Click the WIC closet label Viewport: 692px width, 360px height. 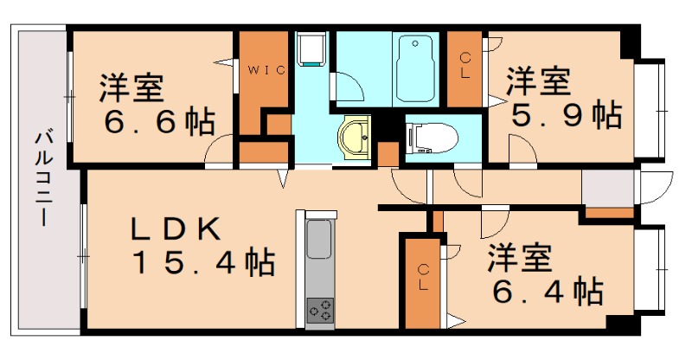267,69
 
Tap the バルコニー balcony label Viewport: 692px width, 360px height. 41,178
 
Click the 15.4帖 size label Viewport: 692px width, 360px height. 203,261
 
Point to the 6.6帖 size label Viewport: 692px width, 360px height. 159,124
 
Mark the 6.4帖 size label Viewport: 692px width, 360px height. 548,292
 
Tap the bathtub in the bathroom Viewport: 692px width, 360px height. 417,58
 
